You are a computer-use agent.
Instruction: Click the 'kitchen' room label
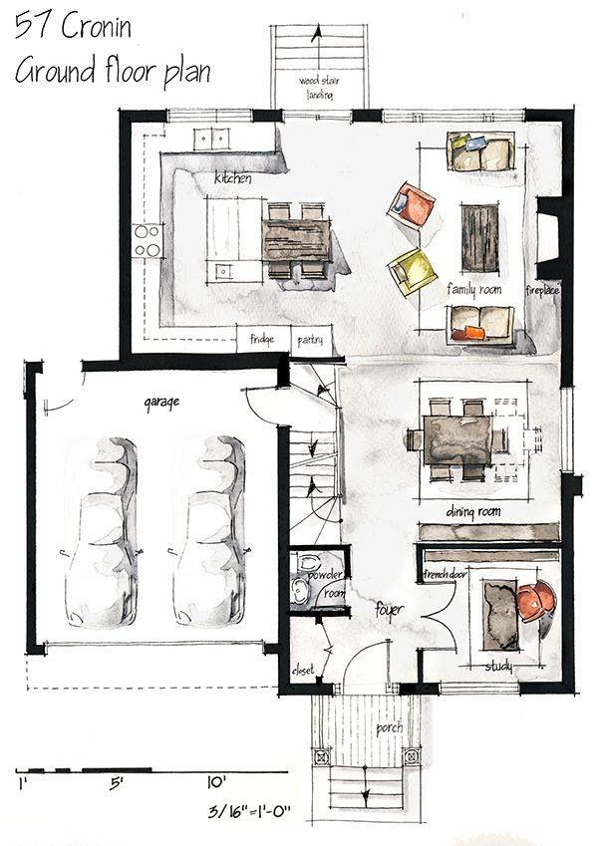point(231,179)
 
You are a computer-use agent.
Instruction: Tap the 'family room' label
point(472,290)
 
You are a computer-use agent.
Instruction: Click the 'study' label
point(497,666)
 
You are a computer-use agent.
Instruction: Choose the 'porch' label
point(389,727)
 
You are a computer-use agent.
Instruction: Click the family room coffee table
point(480,235)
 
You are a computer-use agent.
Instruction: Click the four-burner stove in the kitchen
point(149,239)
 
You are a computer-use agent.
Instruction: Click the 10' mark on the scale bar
point(218,782)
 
